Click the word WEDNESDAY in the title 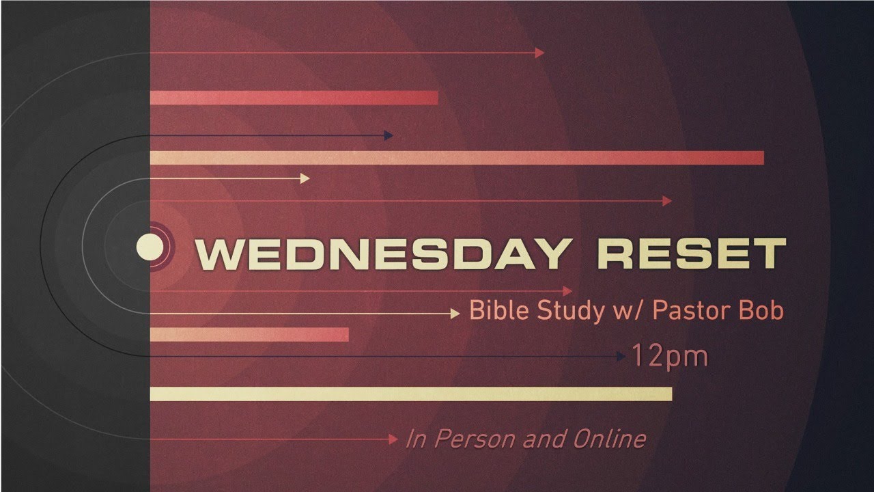[x=382, y=254]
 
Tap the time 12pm [x=670, y=356]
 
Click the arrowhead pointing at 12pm [x=621, y=356]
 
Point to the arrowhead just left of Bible [x=455, y=314]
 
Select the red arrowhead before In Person [x=393, y=439]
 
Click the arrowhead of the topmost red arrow [x=540, y=53]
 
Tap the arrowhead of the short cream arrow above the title [x=305, y=178]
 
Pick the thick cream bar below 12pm [x=410, y=394]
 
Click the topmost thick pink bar [x=294, y=98]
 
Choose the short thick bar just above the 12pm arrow [x=249, y=334]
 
